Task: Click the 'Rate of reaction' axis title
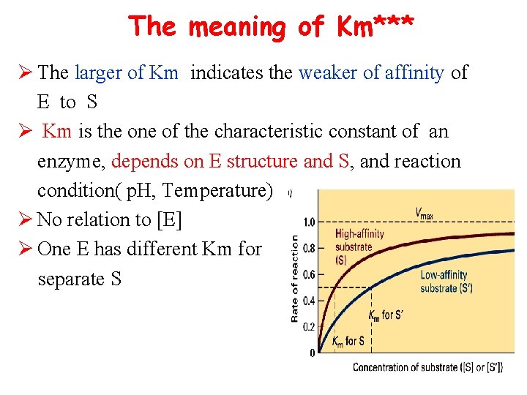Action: (294, 278)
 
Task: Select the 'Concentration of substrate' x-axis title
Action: (427, 366)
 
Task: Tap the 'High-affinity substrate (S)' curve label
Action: (359, 247)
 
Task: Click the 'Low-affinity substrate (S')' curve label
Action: (446, 282)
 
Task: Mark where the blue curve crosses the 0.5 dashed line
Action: (371, 287)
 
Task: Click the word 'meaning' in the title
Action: (236, 27)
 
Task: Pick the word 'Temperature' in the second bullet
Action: (217, 190)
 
